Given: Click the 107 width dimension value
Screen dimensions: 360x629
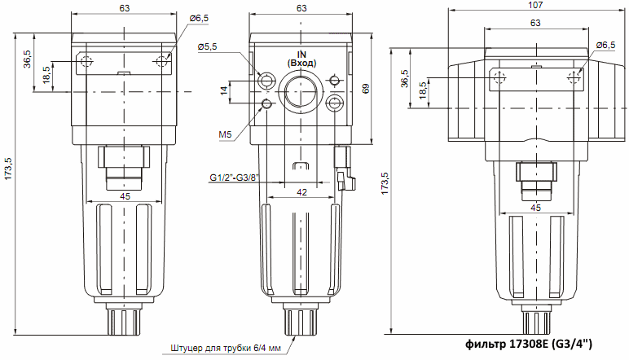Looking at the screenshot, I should (534, 5).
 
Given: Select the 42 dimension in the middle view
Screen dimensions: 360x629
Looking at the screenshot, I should (301, 192).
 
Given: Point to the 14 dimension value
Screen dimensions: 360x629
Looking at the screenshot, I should (223, 91).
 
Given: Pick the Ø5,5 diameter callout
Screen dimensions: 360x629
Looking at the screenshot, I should (207, 47).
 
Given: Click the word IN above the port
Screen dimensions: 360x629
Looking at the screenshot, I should (301, 53).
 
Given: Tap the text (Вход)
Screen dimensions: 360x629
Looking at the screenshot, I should (301, 63).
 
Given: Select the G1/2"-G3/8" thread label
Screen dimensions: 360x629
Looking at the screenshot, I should (234, 178).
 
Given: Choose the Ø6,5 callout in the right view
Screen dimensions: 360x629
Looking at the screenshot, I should (606, 46).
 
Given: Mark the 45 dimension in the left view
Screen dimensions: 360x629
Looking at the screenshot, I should (125, 196).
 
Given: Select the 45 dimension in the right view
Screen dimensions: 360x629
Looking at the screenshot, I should (535, 209).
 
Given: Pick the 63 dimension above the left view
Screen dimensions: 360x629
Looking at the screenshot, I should (125, 8).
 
